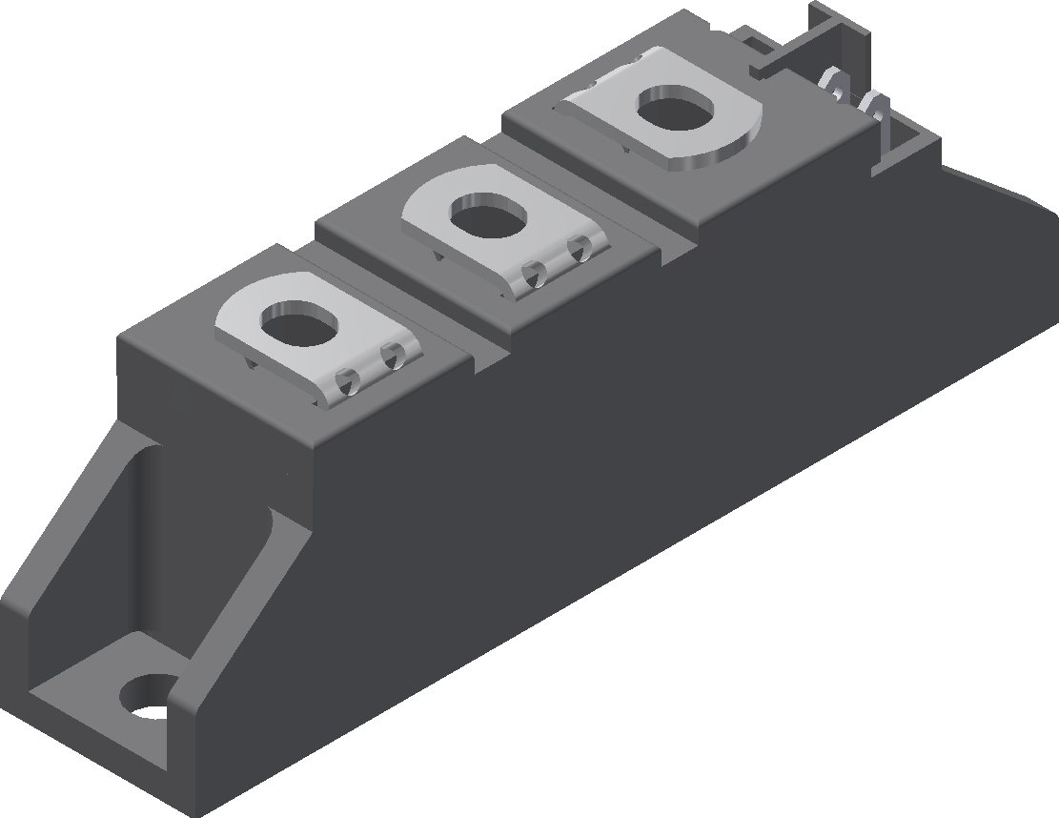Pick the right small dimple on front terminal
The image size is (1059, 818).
click(390, 358)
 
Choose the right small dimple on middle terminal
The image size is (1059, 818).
click(579, 250)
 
